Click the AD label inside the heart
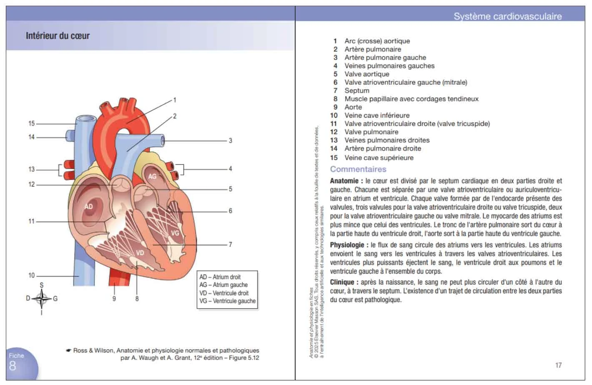point(89,206)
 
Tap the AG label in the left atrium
point(153,176)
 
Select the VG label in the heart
point(175,233)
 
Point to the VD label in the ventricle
point(140,253)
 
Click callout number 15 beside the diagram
point(31,123)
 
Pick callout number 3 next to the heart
point(230,141)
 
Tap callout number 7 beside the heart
point(230,244)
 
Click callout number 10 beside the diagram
point(31,275)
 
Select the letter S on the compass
point(41,285)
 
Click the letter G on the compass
point(55,299)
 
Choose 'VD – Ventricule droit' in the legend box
point(224,293)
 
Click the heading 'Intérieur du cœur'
point(58,36)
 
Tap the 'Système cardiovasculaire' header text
point(507,16)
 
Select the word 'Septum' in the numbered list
point(356,91)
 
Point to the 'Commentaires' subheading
point(358,169)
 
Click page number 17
point(558,365)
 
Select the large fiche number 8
point(13,366)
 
